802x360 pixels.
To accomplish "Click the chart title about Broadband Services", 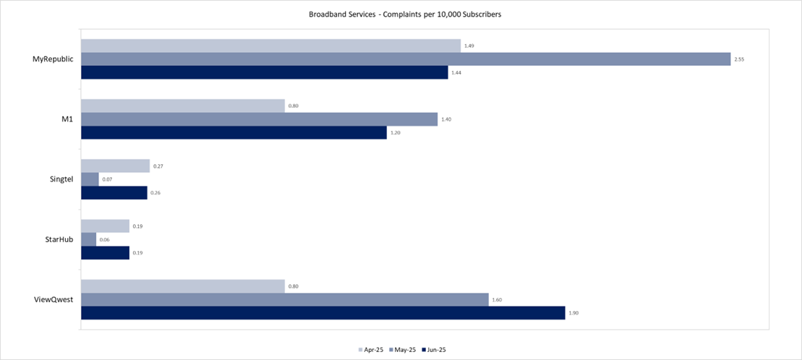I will pyautogui.click(x=401, y=14).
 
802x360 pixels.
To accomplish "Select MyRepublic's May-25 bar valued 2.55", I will pyautogui.click(x=405, y=59).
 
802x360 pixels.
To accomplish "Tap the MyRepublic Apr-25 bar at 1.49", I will pyautogui.click(x=270, y=46).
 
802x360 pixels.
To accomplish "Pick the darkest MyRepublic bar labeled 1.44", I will pyautogui.click(x=264, y=72).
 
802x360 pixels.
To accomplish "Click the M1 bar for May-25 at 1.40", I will pyautogui.click(x=259, y=119).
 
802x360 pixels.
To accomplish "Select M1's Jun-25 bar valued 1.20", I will pyautogui.click(x=234, y=133).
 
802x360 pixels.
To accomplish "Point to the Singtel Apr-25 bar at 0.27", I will pyautogui.click(x=115, y=166).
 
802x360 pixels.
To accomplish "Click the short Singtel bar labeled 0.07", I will pyautogui.click(x=90, y=179).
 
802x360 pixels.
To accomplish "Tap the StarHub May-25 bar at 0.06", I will pyautogui.click(x=88, y=239).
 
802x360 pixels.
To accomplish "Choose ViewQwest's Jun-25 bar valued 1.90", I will pyautogui.click(x=323, y=312).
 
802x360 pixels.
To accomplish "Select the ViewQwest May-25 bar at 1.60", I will pyautogui.click(x=284, y=299).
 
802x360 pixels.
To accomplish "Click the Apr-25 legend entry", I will pyautogui.click(x=371, y=350).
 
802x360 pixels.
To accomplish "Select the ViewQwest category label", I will pyautogui.click(x=56, y=299).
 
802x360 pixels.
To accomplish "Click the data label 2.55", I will pyautogui.click(x=739, y=59).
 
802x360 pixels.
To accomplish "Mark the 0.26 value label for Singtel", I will pyautogui.click(x=154, y=193).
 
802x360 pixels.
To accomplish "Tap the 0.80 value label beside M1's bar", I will pyautogui.click(x=294, y=106).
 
